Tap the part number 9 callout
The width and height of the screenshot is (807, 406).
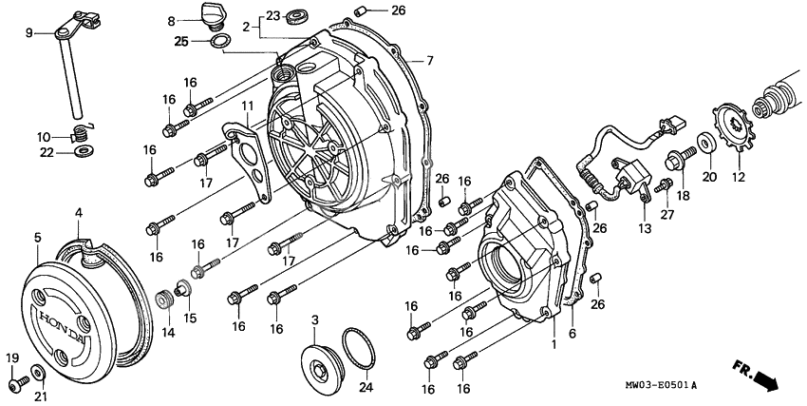coord(28,32)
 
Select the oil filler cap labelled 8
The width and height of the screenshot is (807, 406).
coord(206,16)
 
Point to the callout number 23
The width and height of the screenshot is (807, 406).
coord(273,16)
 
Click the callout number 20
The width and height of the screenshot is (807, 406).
coord(709,176)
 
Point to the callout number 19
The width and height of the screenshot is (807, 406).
coord(12,358)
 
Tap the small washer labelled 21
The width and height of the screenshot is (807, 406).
coord(38,370)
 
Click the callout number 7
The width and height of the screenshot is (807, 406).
coord(429,61)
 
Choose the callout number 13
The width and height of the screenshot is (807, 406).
coord(645,228)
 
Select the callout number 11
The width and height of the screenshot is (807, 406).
coord(246,106)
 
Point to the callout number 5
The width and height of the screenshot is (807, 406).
coord(37,237)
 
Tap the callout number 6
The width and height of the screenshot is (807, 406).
coord(572,334)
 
